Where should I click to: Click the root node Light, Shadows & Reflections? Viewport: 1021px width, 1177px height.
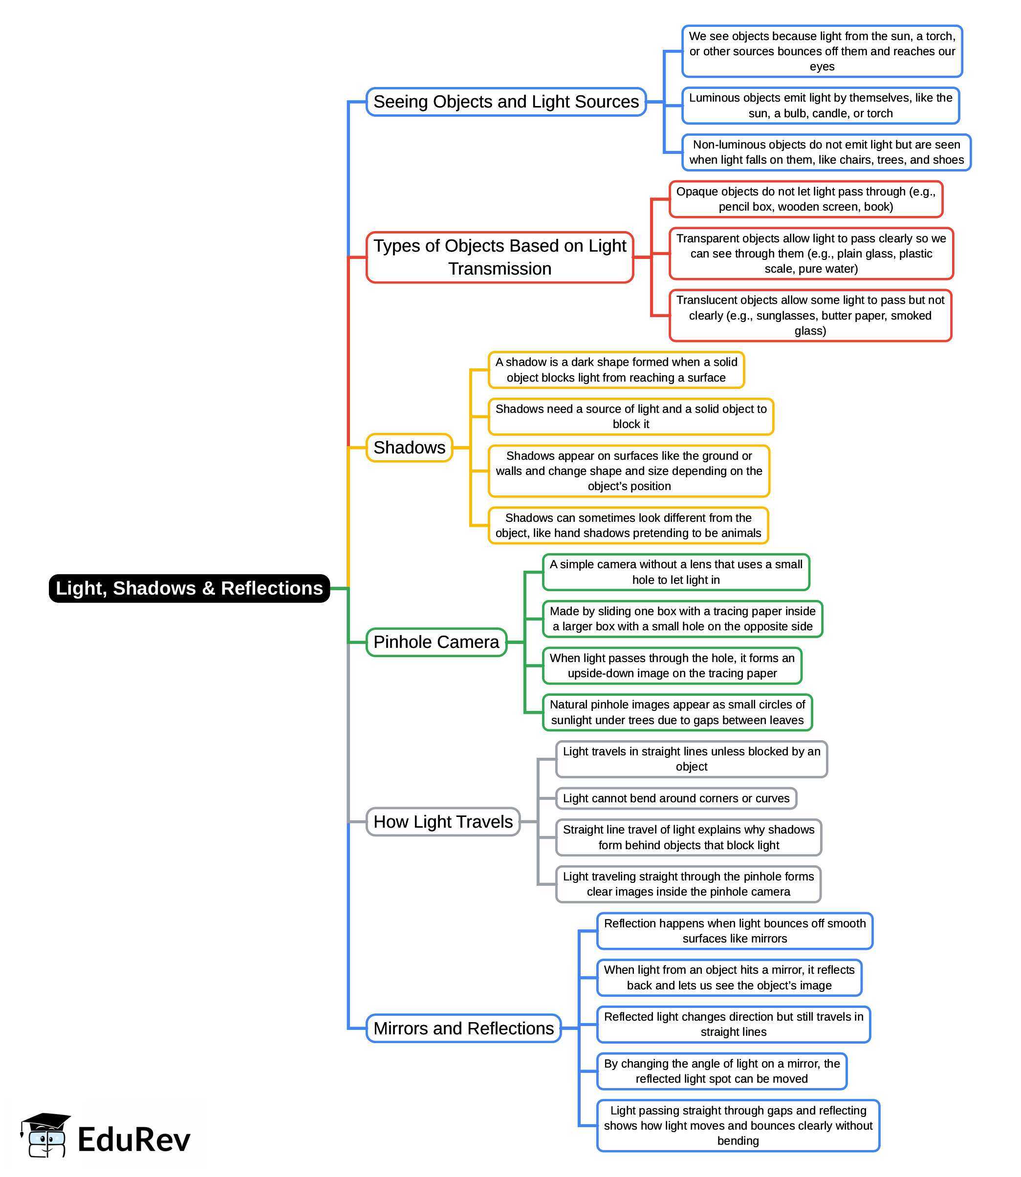(189, 588)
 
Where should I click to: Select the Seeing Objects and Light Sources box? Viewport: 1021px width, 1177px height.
(506, 102)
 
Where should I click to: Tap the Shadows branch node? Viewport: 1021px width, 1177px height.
(409, 448)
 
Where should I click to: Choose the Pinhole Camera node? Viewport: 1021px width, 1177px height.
(436, 642)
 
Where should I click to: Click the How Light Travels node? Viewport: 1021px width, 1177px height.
(443, 822)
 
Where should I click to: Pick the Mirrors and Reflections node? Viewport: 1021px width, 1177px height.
(463, 1028)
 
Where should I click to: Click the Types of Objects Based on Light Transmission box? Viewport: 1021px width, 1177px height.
(500, 257)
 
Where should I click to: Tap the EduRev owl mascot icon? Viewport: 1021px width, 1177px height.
(45, 1135)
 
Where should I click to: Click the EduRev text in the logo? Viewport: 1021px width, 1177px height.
(134, 1140)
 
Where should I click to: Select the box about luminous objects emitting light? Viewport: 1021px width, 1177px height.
(821, 106)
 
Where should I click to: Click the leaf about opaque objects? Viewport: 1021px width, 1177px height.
(805, 199)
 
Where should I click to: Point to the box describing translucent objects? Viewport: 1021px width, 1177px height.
(810, 316)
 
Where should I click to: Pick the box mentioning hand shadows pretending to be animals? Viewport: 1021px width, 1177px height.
(629, 526)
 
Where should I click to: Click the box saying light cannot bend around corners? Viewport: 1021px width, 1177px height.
(676, 798)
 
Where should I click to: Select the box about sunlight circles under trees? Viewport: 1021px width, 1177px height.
(677, 712)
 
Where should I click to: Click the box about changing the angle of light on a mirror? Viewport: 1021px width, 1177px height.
(721, 1071)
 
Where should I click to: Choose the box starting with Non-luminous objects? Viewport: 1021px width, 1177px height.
(826, 152)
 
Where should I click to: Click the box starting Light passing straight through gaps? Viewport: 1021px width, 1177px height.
(738, 1125)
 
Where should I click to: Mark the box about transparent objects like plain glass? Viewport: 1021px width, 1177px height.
(811, 254)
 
